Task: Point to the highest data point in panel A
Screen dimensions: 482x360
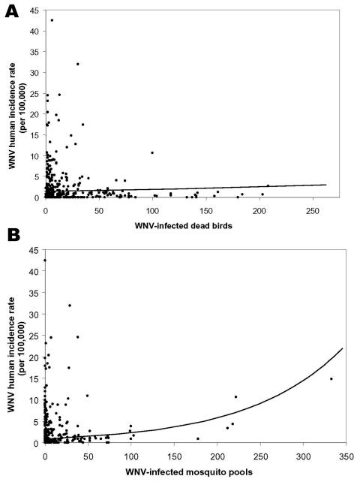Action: coord(52,20)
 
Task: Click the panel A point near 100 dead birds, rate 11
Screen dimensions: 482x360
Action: coord(152,152)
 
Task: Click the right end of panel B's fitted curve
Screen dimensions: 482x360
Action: coord(343,348)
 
